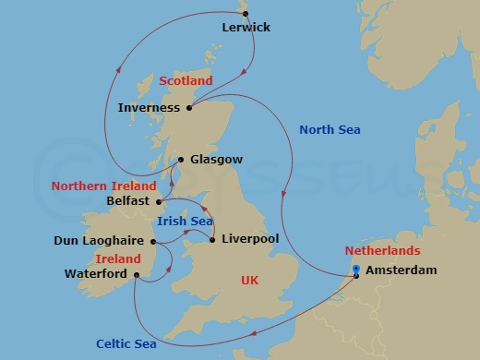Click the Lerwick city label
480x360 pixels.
pos(246,28)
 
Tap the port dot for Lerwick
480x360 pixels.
pos(246,12)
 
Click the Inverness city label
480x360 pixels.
pos(150,108)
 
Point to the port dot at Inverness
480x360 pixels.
pos(188,108)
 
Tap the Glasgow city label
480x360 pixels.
pos(217,159)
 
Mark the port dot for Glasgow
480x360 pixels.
pos(181,159)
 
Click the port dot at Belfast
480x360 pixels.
pos(159,200)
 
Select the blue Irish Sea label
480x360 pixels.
pos(185,222)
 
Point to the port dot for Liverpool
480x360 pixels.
pos(212,240)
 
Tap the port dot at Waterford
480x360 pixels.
pos(136,274)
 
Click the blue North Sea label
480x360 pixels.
pos(330,129)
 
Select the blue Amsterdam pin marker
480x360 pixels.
pos(356,270)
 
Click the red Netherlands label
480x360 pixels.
pos(382,251)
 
